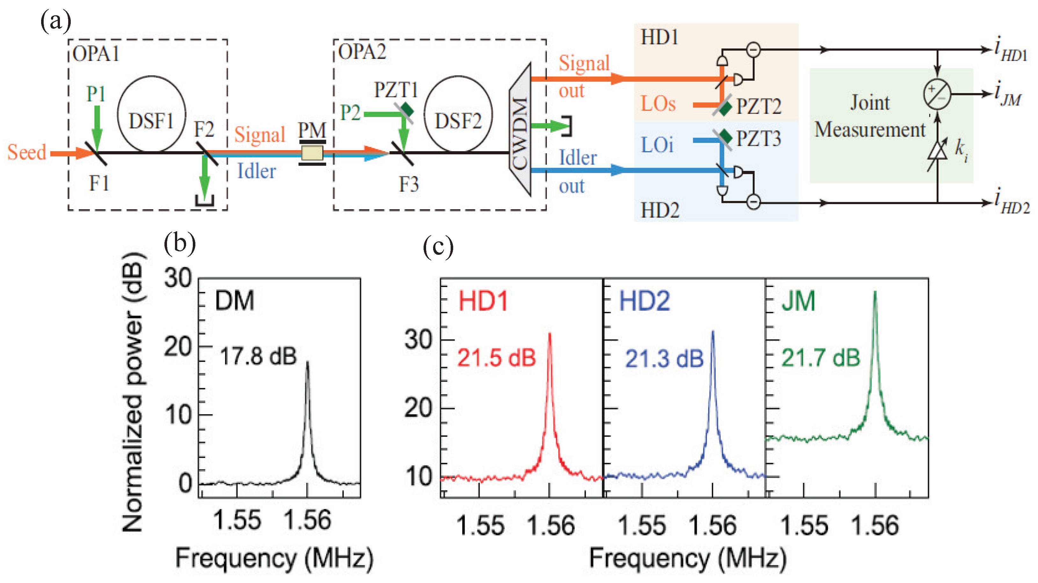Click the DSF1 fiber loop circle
pyautogui.click(x=151, y=114)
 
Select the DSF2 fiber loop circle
pyautogui.click(x=458, y=114)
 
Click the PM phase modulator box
pyautogui.click(x=312, y=153)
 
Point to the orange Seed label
pyautogui.click(x=26, y=152)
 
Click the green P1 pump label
pyautogui.click(x=96, y=94)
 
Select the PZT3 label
pyautogui.click(x=759, y=139)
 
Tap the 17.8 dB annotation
pyautogui.click(x=258, y=357)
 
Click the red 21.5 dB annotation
pyautogui.click(x=497, y=358)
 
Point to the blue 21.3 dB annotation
pyautogui.click(x=664, y=358)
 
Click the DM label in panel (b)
pyautogui.click(x=235, y=301)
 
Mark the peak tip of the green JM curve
pyautogui.click(x=875, y=291)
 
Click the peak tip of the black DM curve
pyautogui.click(x=308, y=362)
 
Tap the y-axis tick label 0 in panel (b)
pyautogui.click(x=185, y=483)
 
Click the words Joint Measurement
pyautogui.click(x=869, y=116)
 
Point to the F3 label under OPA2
pyautogui.click(x=409, y=185)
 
